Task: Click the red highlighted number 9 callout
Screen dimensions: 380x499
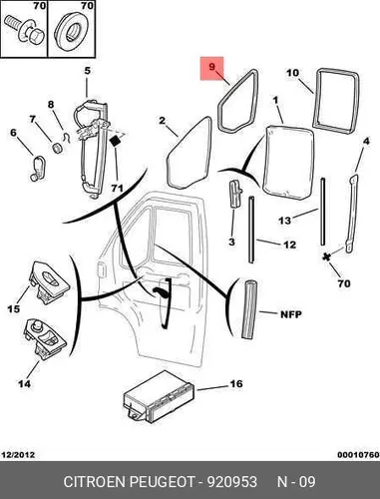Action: [x=211, y=67]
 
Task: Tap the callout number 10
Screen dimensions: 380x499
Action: [x=293, y=73]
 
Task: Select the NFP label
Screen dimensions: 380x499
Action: [x=291, y=314]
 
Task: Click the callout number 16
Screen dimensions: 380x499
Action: [x=236, y=383]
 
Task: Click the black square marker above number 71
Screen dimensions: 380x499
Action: [x=115, y=141]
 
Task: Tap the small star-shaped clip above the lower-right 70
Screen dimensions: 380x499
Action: [x=327, y=256]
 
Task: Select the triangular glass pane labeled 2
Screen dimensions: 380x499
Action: [x=190, y=153]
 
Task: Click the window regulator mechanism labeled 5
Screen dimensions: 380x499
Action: [x=93, y=150]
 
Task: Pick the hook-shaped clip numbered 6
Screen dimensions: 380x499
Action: [x=38, y=168]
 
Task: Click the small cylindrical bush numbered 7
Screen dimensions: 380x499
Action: [x=58, y=148]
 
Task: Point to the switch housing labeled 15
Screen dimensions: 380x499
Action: [x=48, y=282]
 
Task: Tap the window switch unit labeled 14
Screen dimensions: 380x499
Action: [x=44, y=339]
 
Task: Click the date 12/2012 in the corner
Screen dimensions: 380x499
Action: [x=18, y=455]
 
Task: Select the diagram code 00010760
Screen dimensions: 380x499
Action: [x=358, y=455]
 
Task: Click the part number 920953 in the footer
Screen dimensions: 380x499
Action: [x=232, y=482]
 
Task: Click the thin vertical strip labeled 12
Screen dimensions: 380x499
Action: [x=251, y=230]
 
